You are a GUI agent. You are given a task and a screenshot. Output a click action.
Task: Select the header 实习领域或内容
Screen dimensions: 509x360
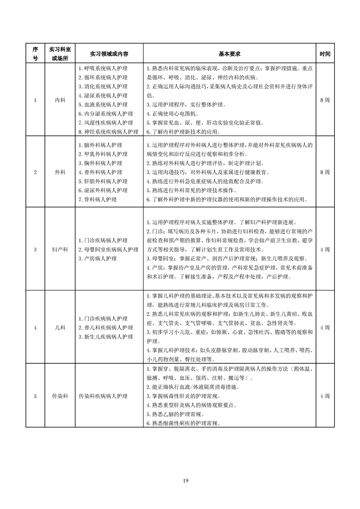click(x=109, y=54)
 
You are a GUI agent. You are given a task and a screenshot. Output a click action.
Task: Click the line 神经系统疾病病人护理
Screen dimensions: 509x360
click(x=108, y=132)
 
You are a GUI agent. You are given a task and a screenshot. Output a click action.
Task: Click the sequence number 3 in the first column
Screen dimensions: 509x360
click(x=35, y=249)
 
